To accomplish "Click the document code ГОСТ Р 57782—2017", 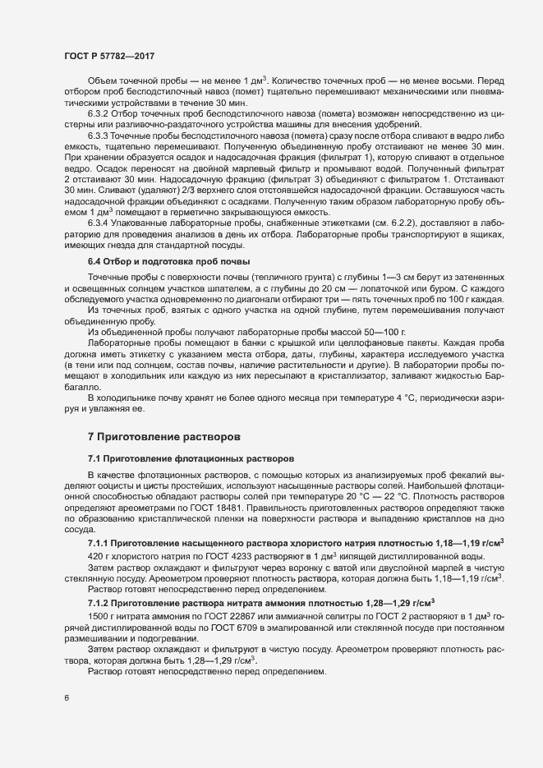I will pyautogui.click(x=108, y=55).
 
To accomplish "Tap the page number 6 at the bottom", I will pyautogui.click(x=67, y=699).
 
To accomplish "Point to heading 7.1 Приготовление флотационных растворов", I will pyautogui.click(x=187, y=457).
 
